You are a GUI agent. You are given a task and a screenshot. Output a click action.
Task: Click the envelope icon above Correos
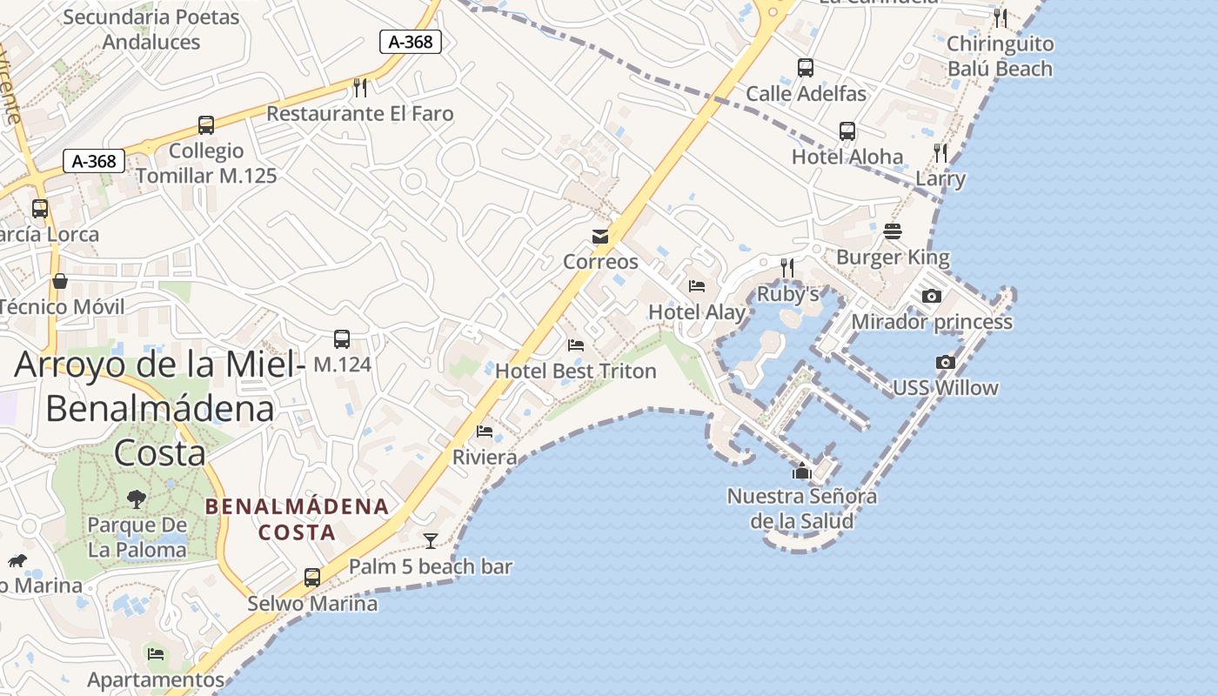point(600,237)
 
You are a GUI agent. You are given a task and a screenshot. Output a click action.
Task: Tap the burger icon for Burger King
point(893,231)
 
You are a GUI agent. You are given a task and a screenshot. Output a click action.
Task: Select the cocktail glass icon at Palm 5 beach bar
point(431,540)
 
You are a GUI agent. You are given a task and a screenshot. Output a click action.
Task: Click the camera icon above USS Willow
point(946,362)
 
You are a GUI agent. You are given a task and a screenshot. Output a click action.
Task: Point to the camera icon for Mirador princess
point(932,296)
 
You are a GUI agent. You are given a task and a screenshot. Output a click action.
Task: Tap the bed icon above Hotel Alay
point(697,285)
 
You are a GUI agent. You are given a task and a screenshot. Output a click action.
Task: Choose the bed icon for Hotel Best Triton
point(576,345)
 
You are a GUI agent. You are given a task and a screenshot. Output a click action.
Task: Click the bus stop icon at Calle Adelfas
point(806,67)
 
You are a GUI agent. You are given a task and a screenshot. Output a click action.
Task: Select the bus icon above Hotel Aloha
point(847,131)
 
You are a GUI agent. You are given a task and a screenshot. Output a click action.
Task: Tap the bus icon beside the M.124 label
point(342,339)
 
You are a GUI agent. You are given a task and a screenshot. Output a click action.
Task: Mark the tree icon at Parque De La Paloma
point(137,499)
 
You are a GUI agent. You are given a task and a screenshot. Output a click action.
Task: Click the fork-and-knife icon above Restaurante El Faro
point(360,87)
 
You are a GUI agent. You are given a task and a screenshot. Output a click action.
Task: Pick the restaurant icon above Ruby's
point(787,267)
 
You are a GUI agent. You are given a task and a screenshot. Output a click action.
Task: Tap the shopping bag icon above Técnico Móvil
point(60,280)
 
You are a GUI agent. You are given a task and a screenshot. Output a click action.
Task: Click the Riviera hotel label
point(485,457)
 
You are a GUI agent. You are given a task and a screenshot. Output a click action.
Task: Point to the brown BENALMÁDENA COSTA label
point(297,519)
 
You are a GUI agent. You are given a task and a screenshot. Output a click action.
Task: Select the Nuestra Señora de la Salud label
point(802,508)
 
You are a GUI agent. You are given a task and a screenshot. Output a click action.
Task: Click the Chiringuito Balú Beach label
point(1000,56)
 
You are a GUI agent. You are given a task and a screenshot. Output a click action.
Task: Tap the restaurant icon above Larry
point(940,153)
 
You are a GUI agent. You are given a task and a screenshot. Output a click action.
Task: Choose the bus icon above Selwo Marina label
point(312,577)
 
